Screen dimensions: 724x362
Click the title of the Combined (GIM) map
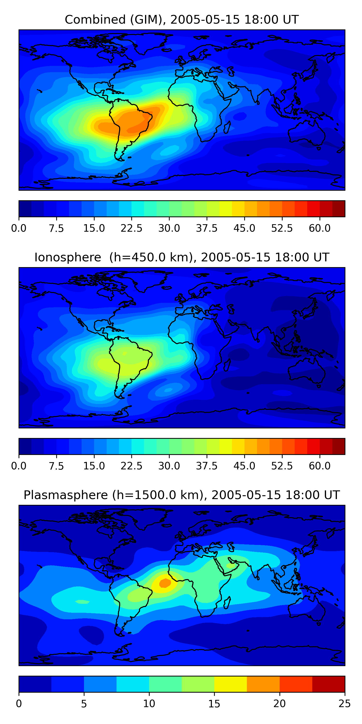click(181, 20)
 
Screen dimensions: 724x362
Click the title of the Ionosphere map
click(181, 258)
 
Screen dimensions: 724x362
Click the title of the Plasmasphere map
click(181, 495)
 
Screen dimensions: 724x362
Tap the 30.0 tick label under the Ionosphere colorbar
click(169, 466)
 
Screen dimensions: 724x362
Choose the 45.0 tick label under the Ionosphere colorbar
click(244, 466)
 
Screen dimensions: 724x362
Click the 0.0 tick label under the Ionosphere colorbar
click(19, 466)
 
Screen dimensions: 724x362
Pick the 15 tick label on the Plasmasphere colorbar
click(214, 704)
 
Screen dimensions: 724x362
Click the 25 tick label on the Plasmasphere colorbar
click(345, 704)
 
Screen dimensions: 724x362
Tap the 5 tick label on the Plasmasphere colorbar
click(84, 704)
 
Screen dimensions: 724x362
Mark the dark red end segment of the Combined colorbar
click(339, 209)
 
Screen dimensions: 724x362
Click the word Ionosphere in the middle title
click(68, 258)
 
